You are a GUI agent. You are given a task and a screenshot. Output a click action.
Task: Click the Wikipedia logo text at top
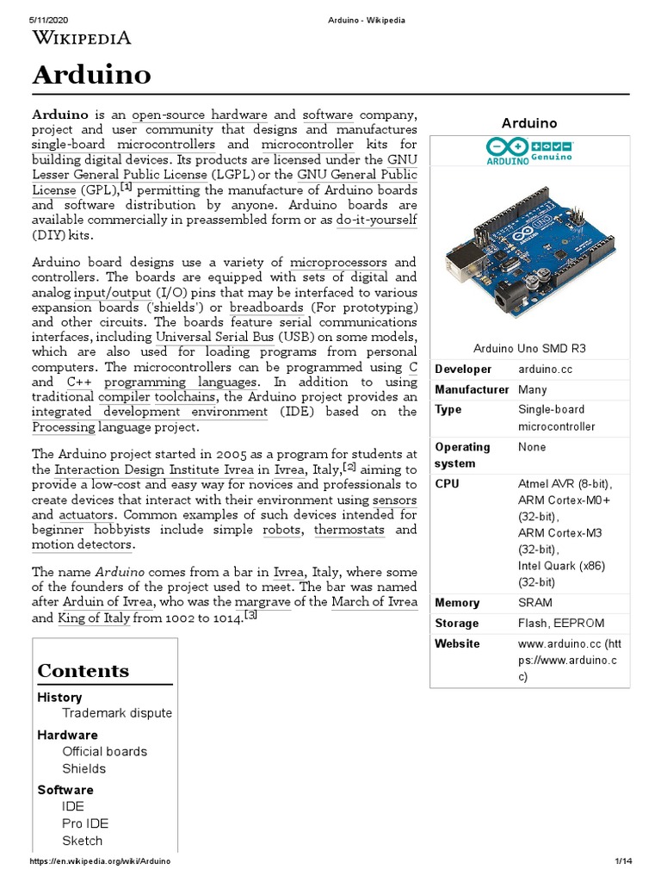82,37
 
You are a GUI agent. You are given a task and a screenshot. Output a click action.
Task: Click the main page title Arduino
92,75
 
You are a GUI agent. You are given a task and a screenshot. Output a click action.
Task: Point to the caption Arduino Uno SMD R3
529,348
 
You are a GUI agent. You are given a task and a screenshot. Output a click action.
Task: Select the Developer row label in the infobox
463,369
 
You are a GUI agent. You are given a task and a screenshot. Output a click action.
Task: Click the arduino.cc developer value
544,369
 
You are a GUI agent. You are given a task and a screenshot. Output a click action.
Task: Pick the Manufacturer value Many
533,389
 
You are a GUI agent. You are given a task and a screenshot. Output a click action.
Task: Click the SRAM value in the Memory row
535,603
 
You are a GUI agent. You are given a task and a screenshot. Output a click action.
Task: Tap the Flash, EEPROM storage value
561,623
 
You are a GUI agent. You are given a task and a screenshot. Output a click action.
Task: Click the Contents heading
83,671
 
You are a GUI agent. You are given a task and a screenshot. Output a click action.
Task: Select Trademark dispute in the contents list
117,713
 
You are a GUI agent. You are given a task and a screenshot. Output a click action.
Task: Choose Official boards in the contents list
104,751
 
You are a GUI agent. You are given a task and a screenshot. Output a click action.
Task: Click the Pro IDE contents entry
85,823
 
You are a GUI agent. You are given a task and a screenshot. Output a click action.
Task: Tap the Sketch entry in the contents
82,841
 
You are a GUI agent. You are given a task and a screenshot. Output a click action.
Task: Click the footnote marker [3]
251,616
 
